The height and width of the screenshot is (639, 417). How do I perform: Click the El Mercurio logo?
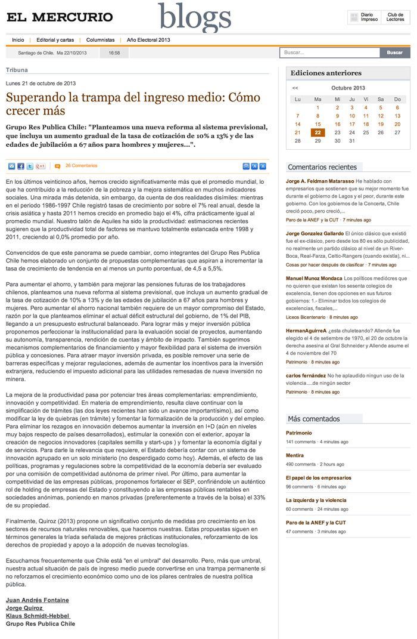coord(60,17)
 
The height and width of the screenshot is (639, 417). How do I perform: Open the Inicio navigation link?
coord(18,40)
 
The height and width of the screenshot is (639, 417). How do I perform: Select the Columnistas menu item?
coord(100,40)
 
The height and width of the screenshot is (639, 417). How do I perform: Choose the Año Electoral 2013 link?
coord(148,40)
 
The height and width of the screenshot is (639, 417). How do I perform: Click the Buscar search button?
coord(394,53)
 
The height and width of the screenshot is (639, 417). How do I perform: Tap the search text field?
coord(329,53)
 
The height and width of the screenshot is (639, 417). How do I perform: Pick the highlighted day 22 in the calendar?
coord(318,132)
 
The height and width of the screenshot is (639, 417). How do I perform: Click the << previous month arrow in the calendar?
coord(295,88)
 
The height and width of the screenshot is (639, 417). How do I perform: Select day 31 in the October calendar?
coord(352,141)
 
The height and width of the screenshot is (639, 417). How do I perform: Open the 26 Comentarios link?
coord(81,166)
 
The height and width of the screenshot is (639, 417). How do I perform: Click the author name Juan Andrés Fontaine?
coord(37,600)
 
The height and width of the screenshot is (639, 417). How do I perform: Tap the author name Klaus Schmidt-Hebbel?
coord(38,616)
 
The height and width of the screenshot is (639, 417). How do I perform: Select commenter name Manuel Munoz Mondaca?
coord(314,278)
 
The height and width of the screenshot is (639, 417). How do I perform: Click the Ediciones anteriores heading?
coord(326,73)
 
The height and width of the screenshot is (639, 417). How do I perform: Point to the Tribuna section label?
coord(17,70)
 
